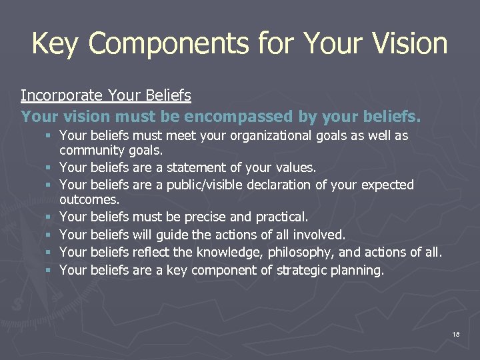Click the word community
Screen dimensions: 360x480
[x=91, y=151]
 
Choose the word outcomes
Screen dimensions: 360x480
[x=89, y=200]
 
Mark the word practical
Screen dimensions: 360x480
[x=281, y=217]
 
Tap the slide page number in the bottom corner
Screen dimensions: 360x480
[x=456, y=334]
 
